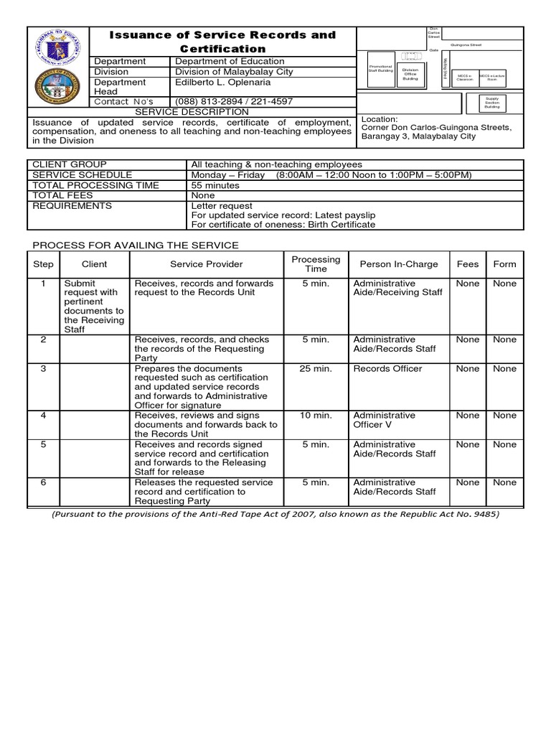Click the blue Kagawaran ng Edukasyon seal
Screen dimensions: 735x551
point(60,50)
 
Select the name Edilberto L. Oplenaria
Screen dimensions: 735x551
point(225,82)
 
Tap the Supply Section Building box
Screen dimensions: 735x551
point(492,102)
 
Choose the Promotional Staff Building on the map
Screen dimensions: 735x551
point(380,68)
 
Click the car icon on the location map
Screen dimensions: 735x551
point(410,55)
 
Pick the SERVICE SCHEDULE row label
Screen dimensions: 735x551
point(83,175)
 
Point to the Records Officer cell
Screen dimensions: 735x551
point(387,368)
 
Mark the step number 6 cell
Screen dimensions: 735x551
point(44,482)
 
